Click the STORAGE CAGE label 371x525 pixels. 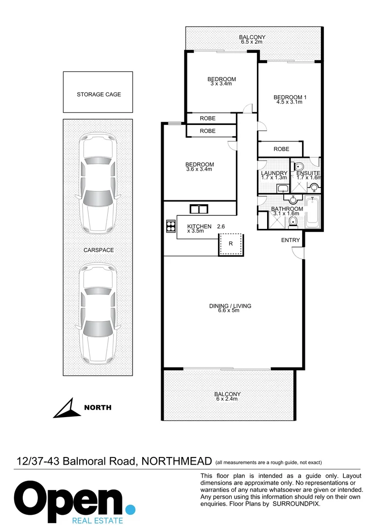[99, 94]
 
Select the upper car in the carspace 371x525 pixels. [99, 182]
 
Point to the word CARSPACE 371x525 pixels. [98, 250]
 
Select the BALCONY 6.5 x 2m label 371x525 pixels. [252, 39]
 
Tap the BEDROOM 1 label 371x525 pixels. [290, 100]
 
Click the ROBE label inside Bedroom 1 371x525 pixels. [281, 149]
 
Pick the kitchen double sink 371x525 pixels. [198, 209]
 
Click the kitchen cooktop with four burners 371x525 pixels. [170, 226]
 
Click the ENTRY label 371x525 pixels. [291, 240]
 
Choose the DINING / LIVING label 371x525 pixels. [230, 308]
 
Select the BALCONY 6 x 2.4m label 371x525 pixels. [228, 397]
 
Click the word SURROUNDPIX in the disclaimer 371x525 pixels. [296, 504]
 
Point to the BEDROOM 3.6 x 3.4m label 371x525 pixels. [200, 167]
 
